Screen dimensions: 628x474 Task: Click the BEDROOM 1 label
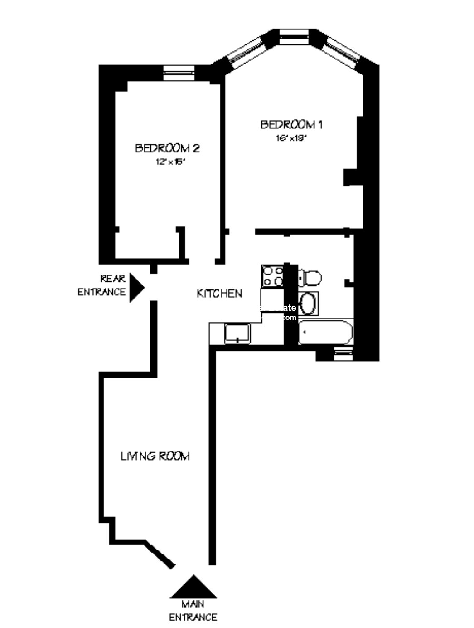[291, 124]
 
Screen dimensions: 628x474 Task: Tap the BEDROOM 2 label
[168, 148]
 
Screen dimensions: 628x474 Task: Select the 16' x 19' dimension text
[291, 138]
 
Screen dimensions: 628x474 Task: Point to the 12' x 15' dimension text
[170, 162]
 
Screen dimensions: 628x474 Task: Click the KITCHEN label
[219, 294]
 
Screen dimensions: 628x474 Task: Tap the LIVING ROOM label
[155, 456]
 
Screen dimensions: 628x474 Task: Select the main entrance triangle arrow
[193, 587]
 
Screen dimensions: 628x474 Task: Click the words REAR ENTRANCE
[102, 285]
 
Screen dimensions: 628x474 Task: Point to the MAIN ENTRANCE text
[193, 611]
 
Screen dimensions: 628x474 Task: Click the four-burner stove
[272, 276]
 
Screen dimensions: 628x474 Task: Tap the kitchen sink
[237, 334]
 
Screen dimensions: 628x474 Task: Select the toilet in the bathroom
[310, 277]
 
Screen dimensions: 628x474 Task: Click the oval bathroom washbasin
[308, 303]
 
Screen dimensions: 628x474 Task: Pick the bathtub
[325, 333]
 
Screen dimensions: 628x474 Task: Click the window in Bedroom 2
[179, 73]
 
